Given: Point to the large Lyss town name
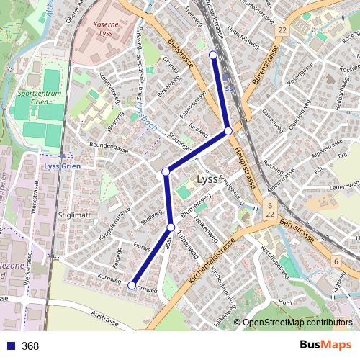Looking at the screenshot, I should coord(207,180).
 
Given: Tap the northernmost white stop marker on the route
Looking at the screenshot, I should coord(212,55).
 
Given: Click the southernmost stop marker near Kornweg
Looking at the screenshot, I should coord(132,286).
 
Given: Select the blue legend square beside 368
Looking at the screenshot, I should coord(9,346).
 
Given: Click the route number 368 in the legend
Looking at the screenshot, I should coord(30,346).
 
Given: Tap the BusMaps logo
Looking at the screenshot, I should coord(325,346).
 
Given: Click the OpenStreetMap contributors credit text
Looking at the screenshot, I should coord(297,323).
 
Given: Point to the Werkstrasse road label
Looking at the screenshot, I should coord(33,201).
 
